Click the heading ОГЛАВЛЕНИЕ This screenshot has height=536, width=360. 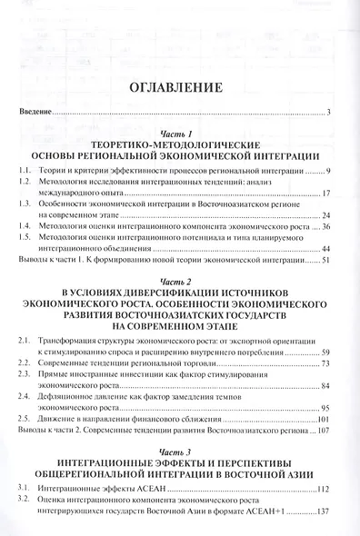coord(177,88)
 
